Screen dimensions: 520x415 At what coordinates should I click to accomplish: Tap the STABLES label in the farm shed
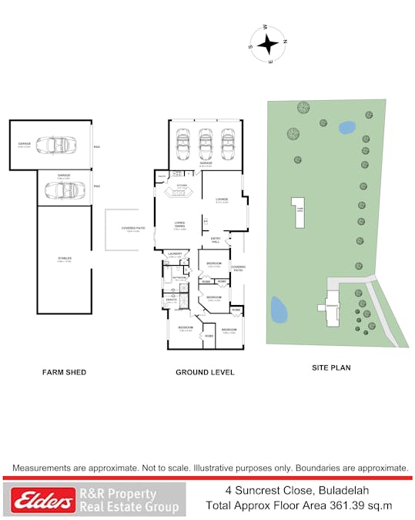coord(64,259)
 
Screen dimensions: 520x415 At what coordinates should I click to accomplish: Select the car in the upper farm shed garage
coord(59,145)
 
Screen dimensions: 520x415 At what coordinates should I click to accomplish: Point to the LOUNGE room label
coord(222,200)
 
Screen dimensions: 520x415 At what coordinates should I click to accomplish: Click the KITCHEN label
coord(182,186)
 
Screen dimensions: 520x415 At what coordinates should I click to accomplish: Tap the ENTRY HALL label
coord(216,240)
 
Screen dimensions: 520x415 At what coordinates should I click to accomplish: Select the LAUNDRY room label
coord(175,253)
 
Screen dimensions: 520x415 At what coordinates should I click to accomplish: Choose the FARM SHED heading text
coord(64,372)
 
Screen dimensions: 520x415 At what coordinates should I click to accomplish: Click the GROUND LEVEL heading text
coord(206,372)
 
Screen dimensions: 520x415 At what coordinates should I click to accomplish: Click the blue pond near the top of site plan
coord(346,127)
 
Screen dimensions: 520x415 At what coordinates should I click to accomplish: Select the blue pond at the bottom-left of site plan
coord(279,310)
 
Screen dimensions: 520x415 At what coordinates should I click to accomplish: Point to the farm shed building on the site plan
coord(297,211)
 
